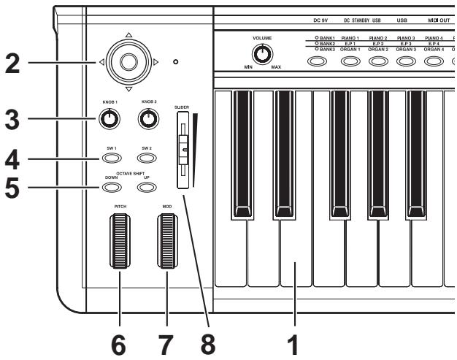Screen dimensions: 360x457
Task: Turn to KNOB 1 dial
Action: click(110, 118)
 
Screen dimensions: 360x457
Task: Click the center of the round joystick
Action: click(128, 62)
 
